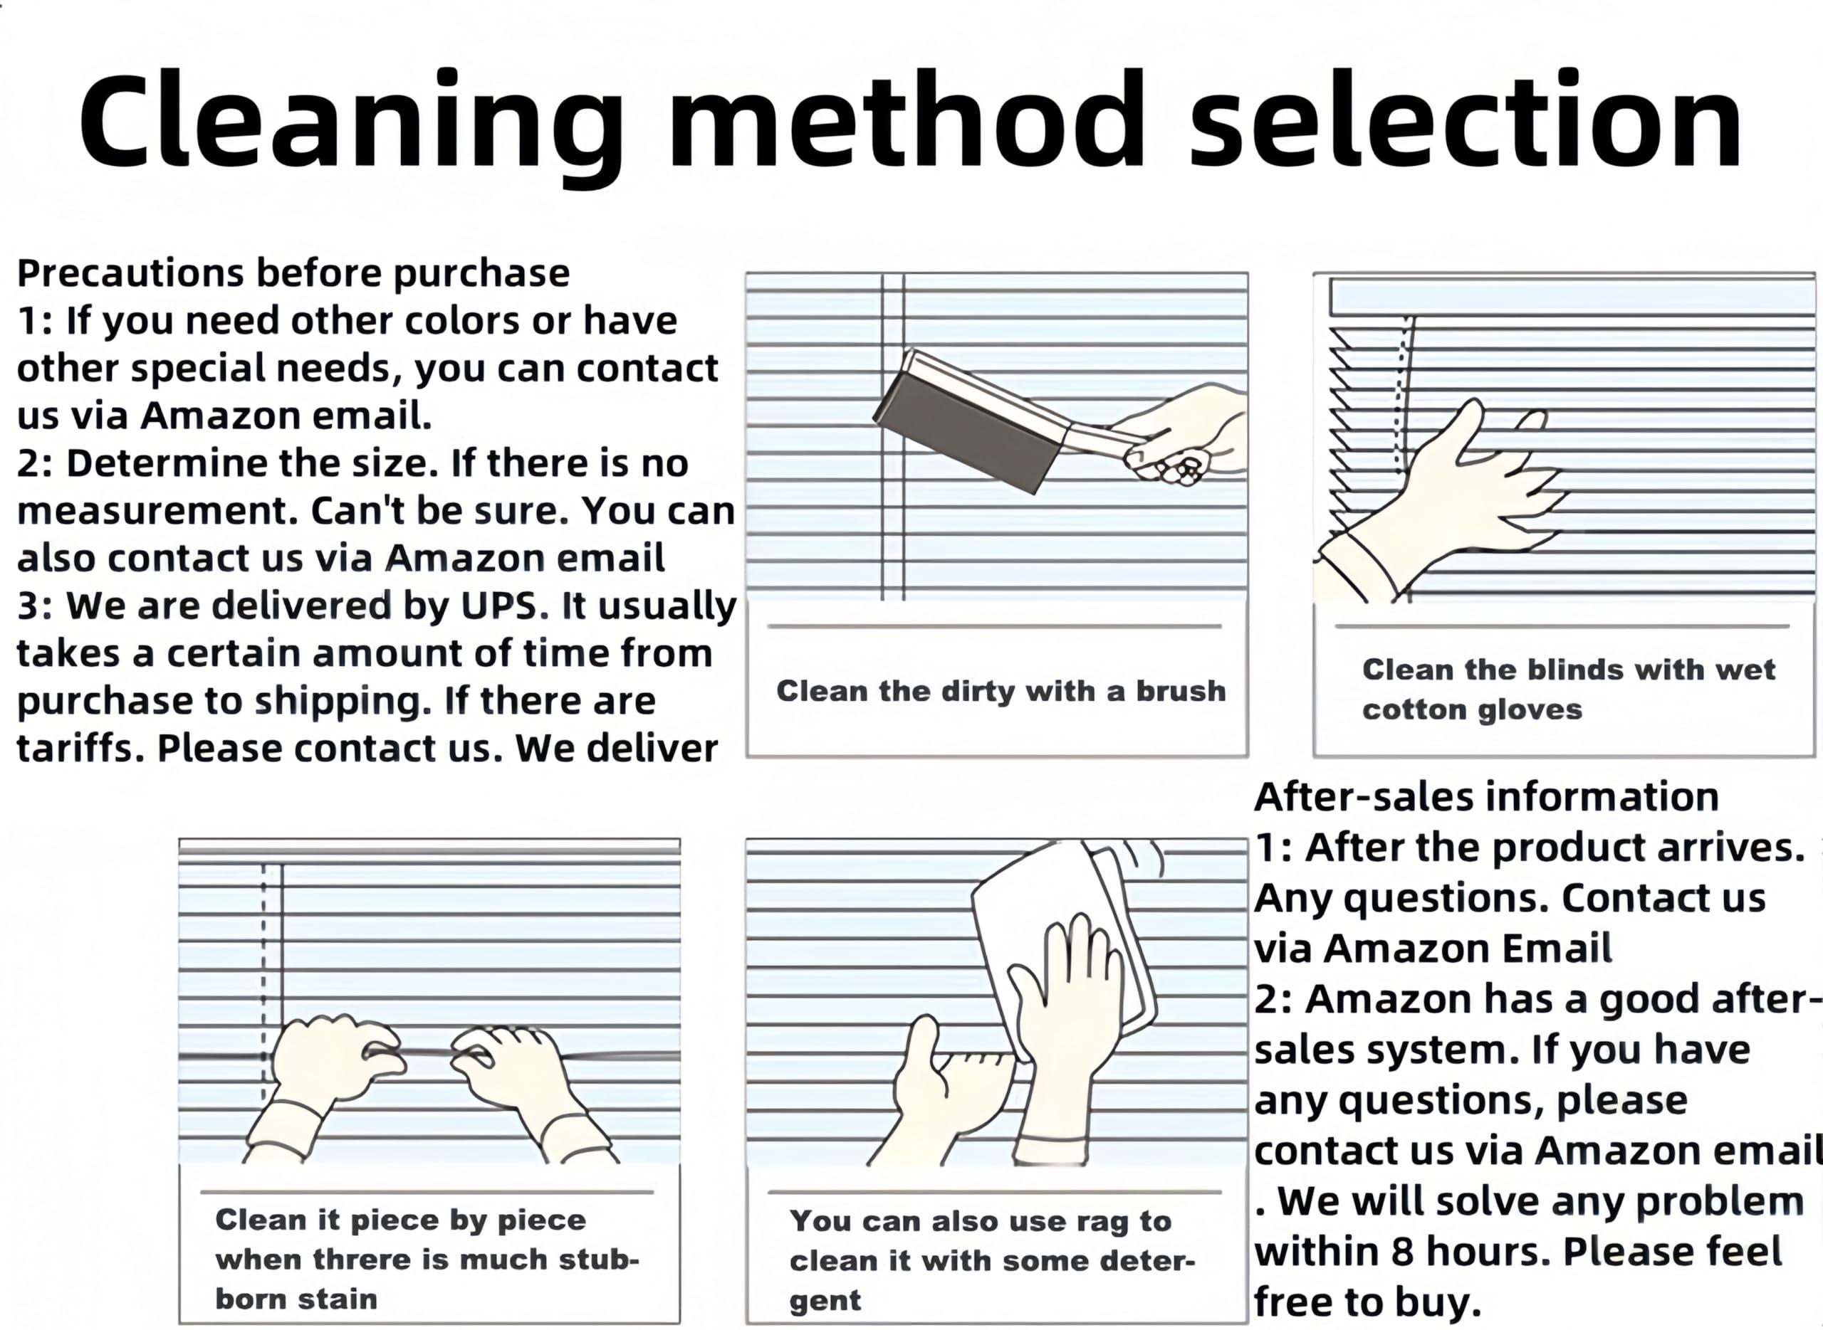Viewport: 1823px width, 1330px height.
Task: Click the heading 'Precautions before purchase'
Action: click(293, 274)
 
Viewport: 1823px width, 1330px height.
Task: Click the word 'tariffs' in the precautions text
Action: click(80, 748)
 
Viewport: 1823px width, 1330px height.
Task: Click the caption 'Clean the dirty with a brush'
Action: click(1001, 691)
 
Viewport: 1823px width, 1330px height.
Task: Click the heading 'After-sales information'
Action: click(1486, 797)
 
